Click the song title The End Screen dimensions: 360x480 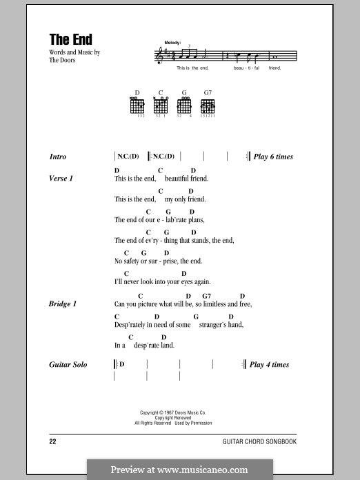[70, 39]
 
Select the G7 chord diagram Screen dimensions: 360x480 [208, 107]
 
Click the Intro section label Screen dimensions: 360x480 [58, 157]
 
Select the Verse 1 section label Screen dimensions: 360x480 [61, 179]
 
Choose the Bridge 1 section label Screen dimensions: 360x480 [63, 304]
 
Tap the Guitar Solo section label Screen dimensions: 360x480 [68, 365]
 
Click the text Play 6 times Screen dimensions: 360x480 [273, 157]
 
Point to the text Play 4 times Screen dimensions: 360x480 [269, 365]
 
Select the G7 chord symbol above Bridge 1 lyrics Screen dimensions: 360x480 [207, 296]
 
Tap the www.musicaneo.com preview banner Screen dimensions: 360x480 [179, 470]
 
